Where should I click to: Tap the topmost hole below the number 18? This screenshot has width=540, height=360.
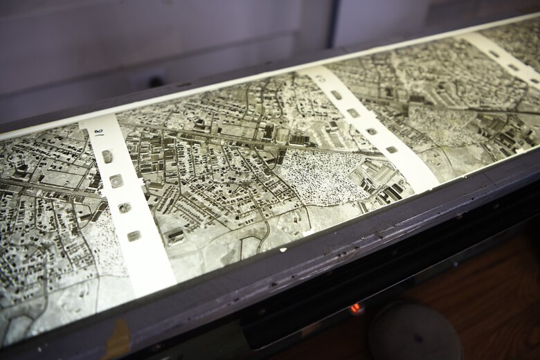tap(107, 157)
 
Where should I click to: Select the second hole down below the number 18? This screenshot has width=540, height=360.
tap(116, 181)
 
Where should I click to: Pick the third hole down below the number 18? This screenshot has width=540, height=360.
tap(125, 208)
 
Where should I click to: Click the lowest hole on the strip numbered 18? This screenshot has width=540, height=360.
tap(134, 236)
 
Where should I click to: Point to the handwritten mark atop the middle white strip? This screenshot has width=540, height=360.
tap(321, 78)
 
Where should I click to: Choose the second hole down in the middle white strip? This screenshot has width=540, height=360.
tap(353, 113)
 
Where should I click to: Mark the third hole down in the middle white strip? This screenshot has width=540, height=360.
tap(372, 131)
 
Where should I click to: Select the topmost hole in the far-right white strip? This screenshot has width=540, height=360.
tap(494, 53)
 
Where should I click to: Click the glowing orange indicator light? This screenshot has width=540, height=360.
tap(357, 308)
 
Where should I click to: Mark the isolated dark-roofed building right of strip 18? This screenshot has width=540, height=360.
tap(174, 236)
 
